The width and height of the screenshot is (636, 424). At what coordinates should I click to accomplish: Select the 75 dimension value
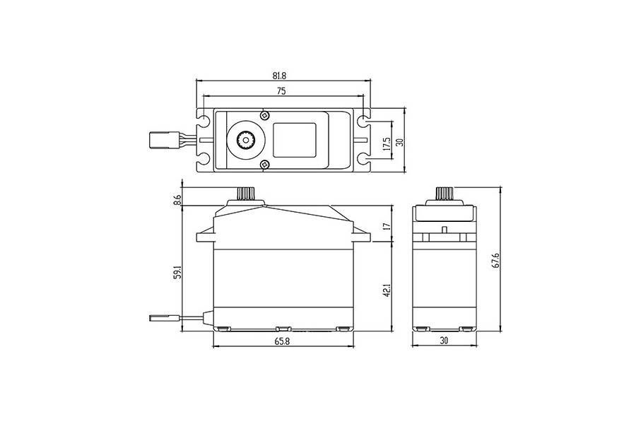281,91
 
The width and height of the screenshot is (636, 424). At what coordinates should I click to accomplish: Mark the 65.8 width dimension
282,341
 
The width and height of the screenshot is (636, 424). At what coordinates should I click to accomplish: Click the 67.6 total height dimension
495,259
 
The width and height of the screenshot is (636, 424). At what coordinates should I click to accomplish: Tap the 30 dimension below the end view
444,341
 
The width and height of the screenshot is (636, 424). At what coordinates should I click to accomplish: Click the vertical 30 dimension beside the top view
399,143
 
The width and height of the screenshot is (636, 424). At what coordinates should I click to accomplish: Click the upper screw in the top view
265,115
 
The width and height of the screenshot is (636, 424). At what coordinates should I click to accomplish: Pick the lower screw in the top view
265,165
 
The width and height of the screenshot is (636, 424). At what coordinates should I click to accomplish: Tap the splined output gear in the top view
246,140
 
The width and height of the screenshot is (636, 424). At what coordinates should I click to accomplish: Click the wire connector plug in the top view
161,140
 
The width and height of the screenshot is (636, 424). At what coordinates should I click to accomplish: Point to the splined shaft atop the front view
246,194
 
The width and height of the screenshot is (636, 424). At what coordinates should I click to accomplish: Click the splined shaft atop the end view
444,194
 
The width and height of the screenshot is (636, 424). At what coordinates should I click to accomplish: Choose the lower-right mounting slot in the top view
363,158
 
